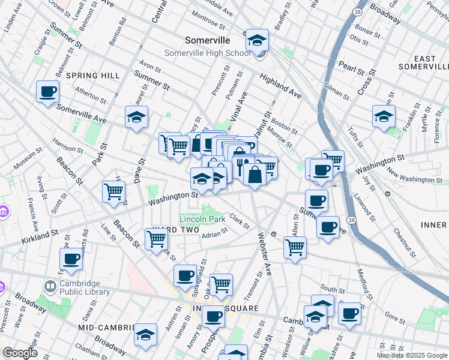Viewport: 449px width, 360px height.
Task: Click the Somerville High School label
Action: [x=207, y=53]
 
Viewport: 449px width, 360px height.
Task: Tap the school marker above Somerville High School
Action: [x=257, y=41]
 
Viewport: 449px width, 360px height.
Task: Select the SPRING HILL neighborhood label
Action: [x=93, y=76]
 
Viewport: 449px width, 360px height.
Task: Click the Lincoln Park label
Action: [x=203, y=219]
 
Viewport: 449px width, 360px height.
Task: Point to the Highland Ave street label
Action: [x=280, y=86]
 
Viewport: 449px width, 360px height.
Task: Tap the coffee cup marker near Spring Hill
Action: [x=47, y=92]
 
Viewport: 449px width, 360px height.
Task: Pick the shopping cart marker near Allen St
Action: [x=295, y=247]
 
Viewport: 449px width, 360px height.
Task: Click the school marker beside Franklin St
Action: [x=384, y=117]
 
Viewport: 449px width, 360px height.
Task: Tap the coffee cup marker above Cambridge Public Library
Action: [x=71, y=260]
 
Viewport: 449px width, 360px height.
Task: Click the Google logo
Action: [x=20, y=353]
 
